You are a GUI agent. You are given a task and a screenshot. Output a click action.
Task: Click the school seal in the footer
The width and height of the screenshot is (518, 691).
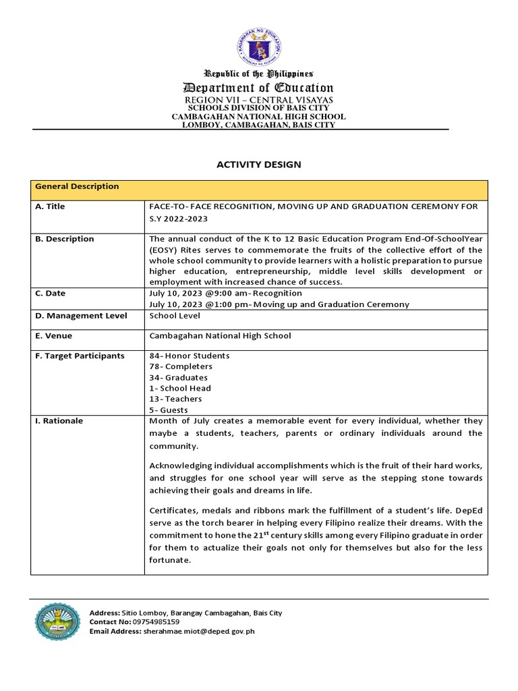(57, 621)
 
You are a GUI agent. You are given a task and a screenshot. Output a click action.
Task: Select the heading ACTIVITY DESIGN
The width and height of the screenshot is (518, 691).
(258, 164)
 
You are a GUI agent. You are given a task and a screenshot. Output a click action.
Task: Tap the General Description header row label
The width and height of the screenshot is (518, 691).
(77, 187)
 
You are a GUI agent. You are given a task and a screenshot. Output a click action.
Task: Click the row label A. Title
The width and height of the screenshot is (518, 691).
(50, 206)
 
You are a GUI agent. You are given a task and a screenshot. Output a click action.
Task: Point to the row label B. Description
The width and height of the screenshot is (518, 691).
(64, 239)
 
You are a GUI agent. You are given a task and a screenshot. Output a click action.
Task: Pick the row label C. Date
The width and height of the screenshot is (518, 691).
(51, 294)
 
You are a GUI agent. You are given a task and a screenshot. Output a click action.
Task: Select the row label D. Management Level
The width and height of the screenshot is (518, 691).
(81, 316)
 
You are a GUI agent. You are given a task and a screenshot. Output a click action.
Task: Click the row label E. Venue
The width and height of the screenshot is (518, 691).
(53, 336)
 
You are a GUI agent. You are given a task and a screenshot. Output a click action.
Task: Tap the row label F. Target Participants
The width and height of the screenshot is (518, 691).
(80, 356)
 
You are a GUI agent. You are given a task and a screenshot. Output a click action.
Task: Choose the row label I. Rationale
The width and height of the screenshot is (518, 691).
(59, 421)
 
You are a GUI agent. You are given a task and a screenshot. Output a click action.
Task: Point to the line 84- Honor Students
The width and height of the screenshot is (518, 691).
(190, 356)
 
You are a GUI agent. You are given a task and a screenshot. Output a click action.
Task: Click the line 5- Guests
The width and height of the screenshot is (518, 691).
(169, 410)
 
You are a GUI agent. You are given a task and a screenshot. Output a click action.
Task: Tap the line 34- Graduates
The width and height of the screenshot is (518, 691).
(178, 377)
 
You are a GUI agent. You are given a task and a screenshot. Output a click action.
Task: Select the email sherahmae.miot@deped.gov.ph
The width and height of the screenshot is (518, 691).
(198, 631)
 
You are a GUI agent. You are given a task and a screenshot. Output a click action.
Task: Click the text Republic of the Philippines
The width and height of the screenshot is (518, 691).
(259, 74)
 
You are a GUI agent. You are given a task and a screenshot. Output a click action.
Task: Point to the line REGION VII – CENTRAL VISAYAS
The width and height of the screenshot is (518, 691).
(259, 100)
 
